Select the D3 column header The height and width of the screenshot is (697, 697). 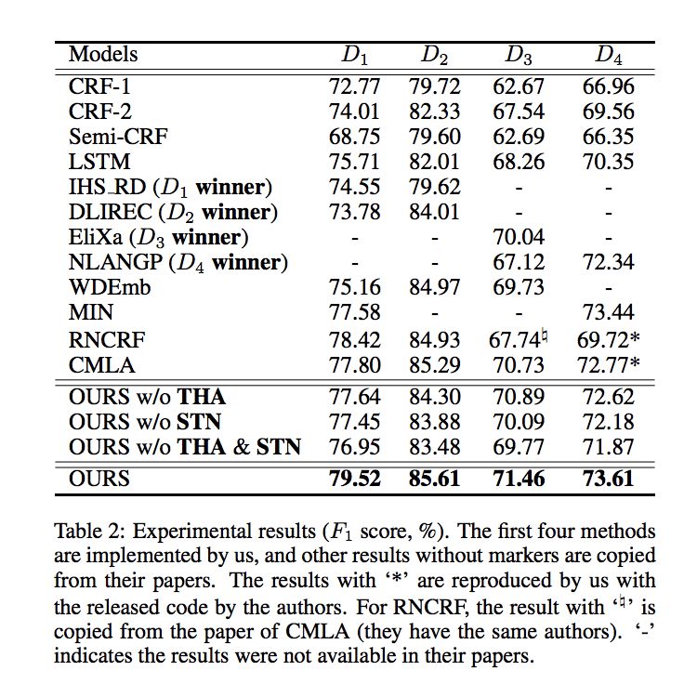click(519, 56)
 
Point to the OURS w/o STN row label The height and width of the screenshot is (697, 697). click(147, 423)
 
